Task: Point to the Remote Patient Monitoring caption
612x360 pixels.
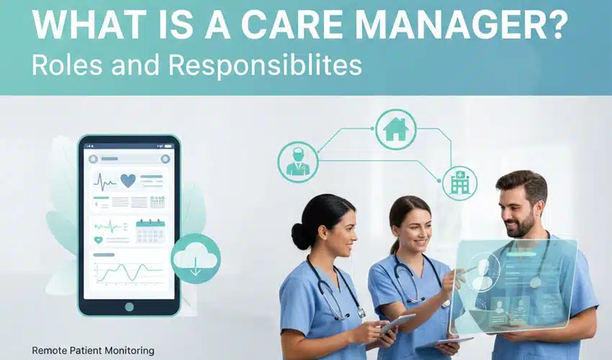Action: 93,351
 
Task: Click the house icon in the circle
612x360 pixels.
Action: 395,130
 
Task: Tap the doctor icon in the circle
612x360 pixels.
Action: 297,161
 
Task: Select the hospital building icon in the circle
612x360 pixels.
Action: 459,183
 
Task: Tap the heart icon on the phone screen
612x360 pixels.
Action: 128,181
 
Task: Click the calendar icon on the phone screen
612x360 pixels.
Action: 150,230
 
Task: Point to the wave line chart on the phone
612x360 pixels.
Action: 130,273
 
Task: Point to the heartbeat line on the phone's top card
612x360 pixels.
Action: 105,182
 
